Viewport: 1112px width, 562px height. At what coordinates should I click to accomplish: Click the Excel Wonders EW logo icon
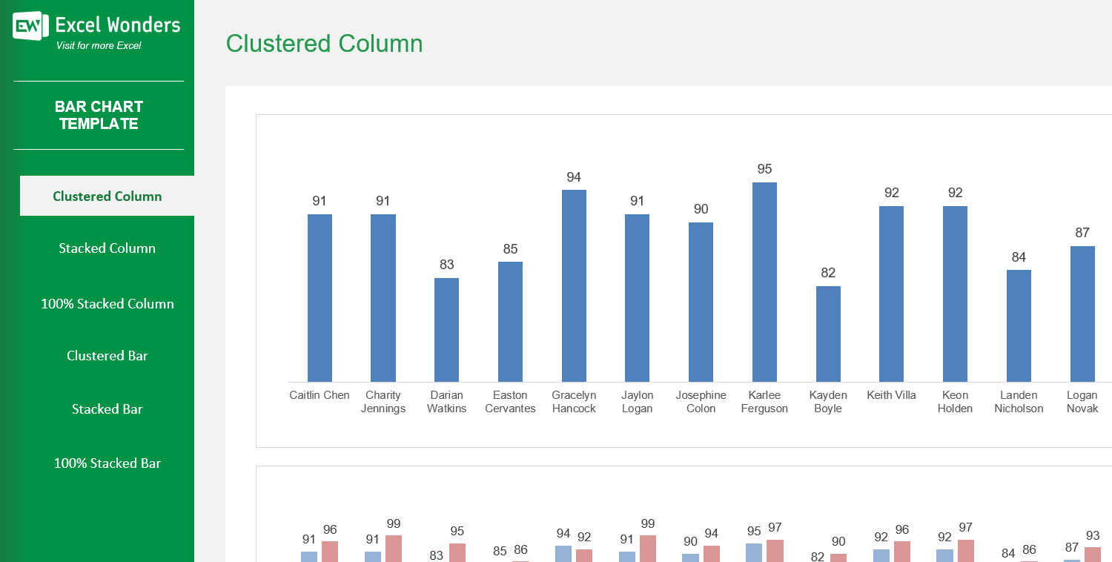point(30,26)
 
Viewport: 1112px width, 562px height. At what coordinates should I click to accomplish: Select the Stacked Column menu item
point(107,248)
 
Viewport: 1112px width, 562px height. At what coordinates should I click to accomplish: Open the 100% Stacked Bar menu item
point(107,463)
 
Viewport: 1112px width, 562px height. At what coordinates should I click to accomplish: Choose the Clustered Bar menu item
point(107,356)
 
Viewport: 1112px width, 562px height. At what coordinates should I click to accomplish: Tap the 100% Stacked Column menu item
point(107,304)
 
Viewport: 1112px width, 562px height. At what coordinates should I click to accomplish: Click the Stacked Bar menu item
point(107,409)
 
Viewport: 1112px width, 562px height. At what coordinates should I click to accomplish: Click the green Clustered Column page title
point(324,44)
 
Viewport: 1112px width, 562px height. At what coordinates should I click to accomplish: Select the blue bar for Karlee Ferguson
point(764,282)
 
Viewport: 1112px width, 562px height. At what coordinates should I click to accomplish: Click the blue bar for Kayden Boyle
point(828,334)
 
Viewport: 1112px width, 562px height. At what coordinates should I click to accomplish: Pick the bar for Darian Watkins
point(446,330)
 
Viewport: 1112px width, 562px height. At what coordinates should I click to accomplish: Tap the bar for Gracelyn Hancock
point(574,285)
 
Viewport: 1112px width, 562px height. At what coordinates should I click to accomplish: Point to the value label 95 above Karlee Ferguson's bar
point(764,169)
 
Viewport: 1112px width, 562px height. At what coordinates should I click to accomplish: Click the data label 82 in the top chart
point(828,273)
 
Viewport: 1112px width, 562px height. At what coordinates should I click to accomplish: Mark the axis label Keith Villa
point(891,395)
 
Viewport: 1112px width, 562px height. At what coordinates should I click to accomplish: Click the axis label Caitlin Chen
point(320,395)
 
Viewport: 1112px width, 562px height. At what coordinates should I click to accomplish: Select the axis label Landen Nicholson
point(1019,402)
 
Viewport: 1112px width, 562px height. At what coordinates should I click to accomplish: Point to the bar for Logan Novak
point(1082,314)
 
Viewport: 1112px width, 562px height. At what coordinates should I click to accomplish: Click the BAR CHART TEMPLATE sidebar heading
point(99,115)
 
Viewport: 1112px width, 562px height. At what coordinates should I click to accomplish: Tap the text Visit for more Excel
point(99,46)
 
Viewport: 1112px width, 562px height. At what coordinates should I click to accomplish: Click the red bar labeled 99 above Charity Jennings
point(393,549)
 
